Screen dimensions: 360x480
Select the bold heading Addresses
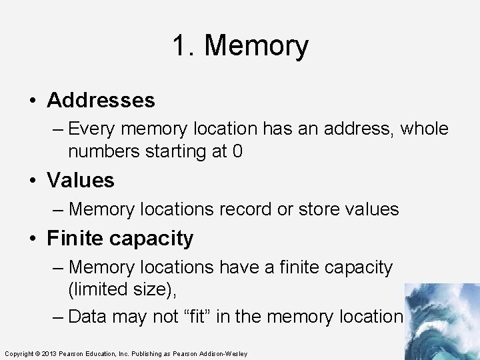(101, 101)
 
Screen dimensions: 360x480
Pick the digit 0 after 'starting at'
(237, 152)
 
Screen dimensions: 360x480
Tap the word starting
(169, 152)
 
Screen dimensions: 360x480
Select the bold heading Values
(81, 180)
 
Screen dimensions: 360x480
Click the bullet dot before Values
(33, 181)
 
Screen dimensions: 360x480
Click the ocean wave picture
(441, 321)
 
